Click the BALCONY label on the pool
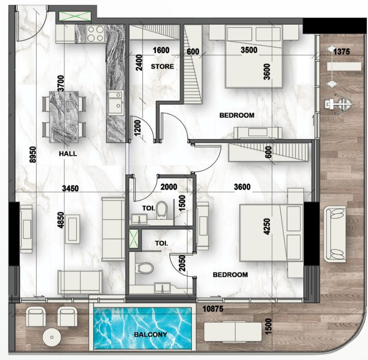tap(150, 335)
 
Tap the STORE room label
tap(162, 67)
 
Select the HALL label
tap(68, 154)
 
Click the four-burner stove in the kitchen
tap(95, 33)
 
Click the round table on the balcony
tap(52, 337)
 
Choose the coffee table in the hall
tap(73, 229)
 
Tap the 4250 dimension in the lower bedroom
tap(267, 227)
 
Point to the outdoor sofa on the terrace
tap(335, 234)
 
